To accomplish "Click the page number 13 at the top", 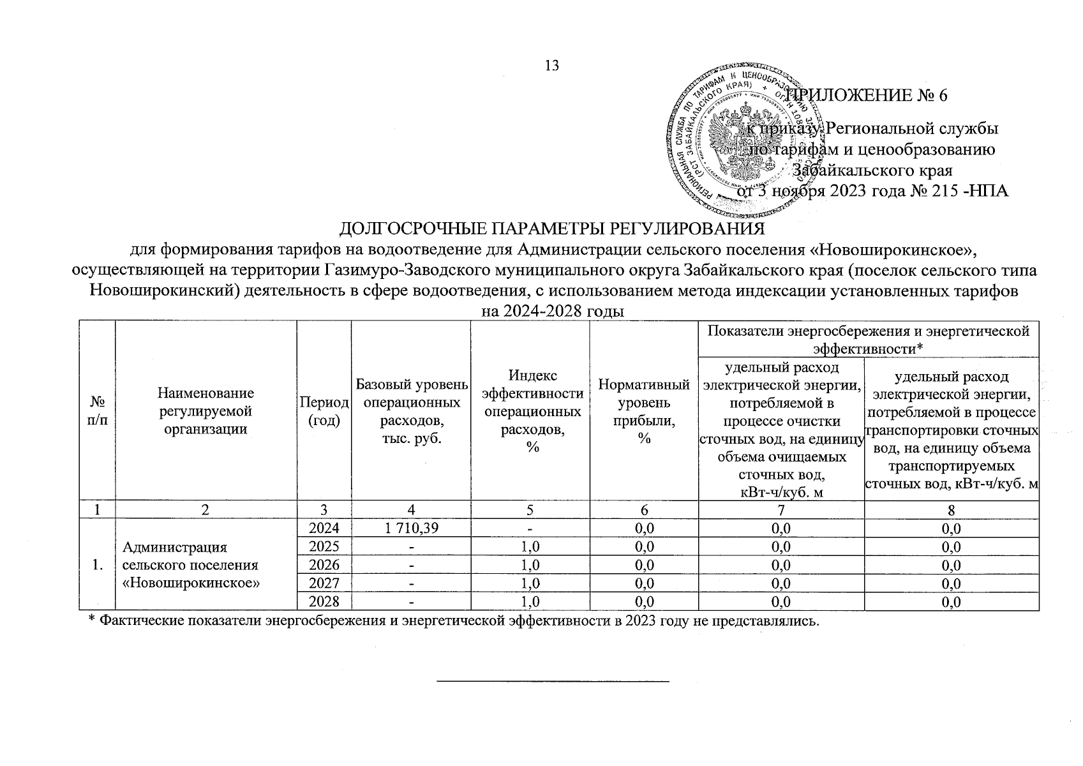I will point(552,66).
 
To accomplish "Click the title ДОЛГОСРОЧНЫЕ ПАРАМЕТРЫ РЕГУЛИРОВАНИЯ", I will point(552,229).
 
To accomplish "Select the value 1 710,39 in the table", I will point(410,528).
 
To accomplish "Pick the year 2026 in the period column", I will point(324,565).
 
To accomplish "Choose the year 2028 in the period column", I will point(324,601).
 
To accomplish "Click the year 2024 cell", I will point(324,528).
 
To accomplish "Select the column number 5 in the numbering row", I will point(530,509).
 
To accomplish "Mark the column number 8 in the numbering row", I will point(951,509).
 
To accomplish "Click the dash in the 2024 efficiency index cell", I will point(530,528).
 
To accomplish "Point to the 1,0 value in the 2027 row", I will point(530,583).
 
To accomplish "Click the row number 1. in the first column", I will point(98,565).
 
